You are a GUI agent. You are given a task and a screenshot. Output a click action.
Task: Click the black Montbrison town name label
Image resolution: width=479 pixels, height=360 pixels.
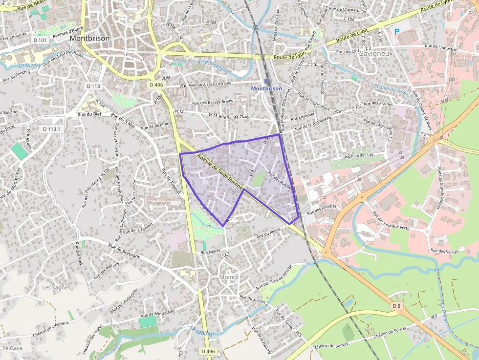89,38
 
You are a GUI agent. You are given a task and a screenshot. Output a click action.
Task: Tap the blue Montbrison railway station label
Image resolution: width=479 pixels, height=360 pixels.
266,88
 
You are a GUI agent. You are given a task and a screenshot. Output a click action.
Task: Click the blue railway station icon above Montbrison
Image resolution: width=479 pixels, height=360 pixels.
266,82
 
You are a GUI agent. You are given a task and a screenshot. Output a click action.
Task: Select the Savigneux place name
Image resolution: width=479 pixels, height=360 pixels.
376,54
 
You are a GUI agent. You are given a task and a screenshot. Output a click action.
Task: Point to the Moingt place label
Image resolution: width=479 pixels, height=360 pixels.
229,277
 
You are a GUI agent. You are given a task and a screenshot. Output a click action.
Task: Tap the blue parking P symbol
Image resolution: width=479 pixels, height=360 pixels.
397,31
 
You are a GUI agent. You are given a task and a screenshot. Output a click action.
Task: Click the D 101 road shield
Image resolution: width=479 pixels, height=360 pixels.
41,40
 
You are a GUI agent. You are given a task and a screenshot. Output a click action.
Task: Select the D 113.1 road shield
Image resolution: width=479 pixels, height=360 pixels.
51,129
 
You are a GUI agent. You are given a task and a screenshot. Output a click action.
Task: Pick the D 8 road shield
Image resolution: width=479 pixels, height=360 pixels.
396,306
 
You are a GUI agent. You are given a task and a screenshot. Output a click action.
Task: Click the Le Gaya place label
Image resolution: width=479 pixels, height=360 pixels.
13,348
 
